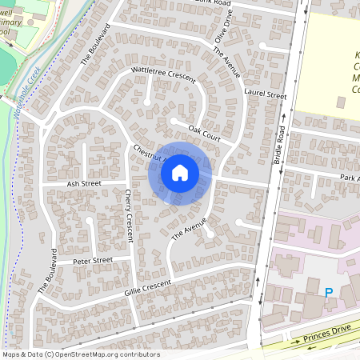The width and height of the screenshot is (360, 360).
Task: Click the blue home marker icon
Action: pyautogui.click(x=180, y=173)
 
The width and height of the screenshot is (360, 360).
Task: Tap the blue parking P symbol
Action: pyautogui.click(x=328, y=293)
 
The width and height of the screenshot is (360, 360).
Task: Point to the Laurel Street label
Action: pyautogui.click(x=266, y=95)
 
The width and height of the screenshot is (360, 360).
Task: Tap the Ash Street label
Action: pyautogui.click(x=84, y=183)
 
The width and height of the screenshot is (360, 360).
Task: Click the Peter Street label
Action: pyautogui.click(x=93, y=260)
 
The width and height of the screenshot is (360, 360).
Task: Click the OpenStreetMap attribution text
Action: pyautogui.click(x=80, y=354)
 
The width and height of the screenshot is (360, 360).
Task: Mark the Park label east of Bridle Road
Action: pyautogui.click(x=350, y=177)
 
